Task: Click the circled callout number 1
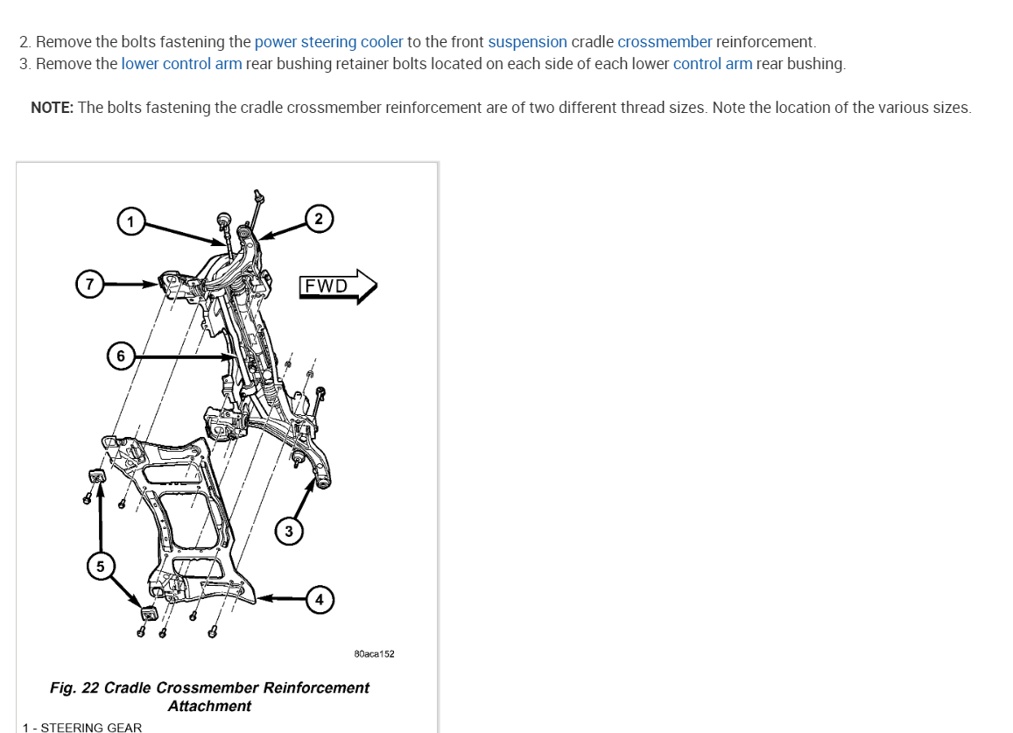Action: (x=130, y=221)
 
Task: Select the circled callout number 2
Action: (x=319, y=219)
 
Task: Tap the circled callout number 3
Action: (x=289, y=531)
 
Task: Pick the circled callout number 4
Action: (x=320, y=599)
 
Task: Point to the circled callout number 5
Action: (x=100, y=567)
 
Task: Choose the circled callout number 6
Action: (x=121, y=356)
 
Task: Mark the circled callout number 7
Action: (x=88, y=284)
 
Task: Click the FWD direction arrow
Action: (x=337, y=286)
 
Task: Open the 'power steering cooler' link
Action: (x=328, y=42)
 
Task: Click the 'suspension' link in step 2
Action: (x=527, y=42)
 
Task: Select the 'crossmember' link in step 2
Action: (x=665, y=42)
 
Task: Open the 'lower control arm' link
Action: (x=181, y=64)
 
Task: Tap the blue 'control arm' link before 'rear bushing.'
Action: (x=712, y=64)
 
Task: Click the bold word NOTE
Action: (x=52, y=108)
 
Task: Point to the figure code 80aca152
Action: (x=374, y=654)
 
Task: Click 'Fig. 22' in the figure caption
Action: (x=74, y=687)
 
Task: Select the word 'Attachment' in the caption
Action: (x=209, y=706)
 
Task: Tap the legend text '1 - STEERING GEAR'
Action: (x=82, y=727)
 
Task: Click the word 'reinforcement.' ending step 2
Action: (x=765, y=42)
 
